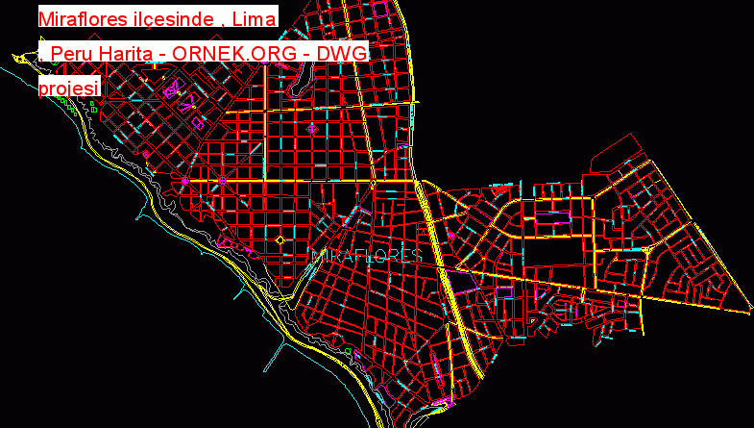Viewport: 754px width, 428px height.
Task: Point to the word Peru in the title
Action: [x=74, y=54]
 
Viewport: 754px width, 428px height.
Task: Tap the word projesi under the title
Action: [x=69, y=88]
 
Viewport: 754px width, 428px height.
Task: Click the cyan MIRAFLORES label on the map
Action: [x=368, y=256]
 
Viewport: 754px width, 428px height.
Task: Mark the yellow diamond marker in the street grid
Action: [x=280, y=239]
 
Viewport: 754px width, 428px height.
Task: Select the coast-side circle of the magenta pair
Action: [x=185, y=180]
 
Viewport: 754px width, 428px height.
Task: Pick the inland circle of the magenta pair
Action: [x=222, y=180]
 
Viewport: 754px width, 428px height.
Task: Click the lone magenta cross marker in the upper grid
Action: [x=310, y=128]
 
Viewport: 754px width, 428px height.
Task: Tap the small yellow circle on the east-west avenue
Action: [x=372, y=182]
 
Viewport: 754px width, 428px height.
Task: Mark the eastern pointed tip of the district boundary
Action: [x=749, y=310]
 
